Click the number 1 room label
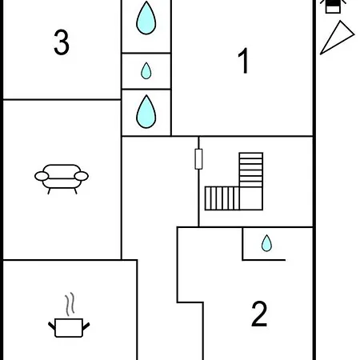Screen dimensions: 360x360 coord(243,61)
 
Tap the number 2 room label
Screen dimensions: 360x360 coord(259,314)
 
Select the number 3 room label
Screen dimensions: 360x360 coord(62,42)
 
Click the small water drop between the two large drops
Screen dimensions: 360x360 coord(146,70)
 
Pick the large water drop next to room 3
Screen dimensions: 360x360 coord(146,18)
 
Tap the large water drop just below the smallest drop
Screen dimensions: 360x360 coord(146,111)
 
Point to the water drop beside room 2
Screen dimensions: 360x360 coord(266,243)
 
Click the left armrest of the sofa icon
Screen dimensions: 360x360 coord(42,176)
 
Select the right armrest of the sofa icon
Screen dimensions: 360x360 coord(82,176)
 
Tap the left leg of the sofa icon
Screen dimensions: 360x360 coord(49,191)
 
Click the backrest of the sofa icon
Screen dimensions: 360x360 coord(62,171)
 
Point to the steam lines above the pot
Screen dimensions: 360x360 coord(70,304)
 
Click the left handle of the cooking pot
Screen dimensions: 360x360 coord(52,326)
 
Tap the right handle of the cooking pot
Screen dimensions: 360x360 coord(86,326)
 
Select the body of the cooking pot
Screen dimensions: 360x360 coord(69,328)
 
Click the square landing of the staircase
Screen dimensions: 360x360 coord(251,198)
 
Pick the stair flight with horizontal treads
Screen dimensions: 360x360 coord(251,170)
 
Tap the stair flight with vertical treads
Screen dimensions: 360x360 coord(222,198)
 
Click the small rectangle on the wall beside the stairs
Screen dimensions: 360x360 coord(198,159)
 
